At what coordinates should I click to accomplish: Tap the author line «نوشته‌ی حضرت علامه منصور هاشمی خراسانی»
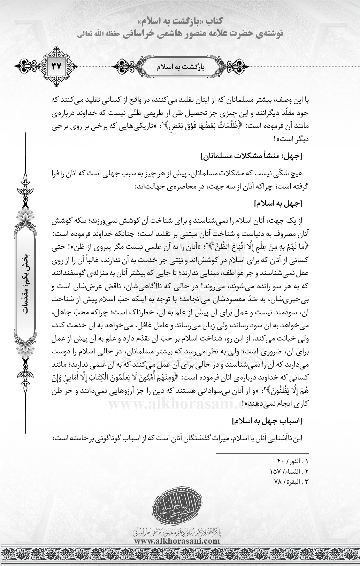click(181, 34)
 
